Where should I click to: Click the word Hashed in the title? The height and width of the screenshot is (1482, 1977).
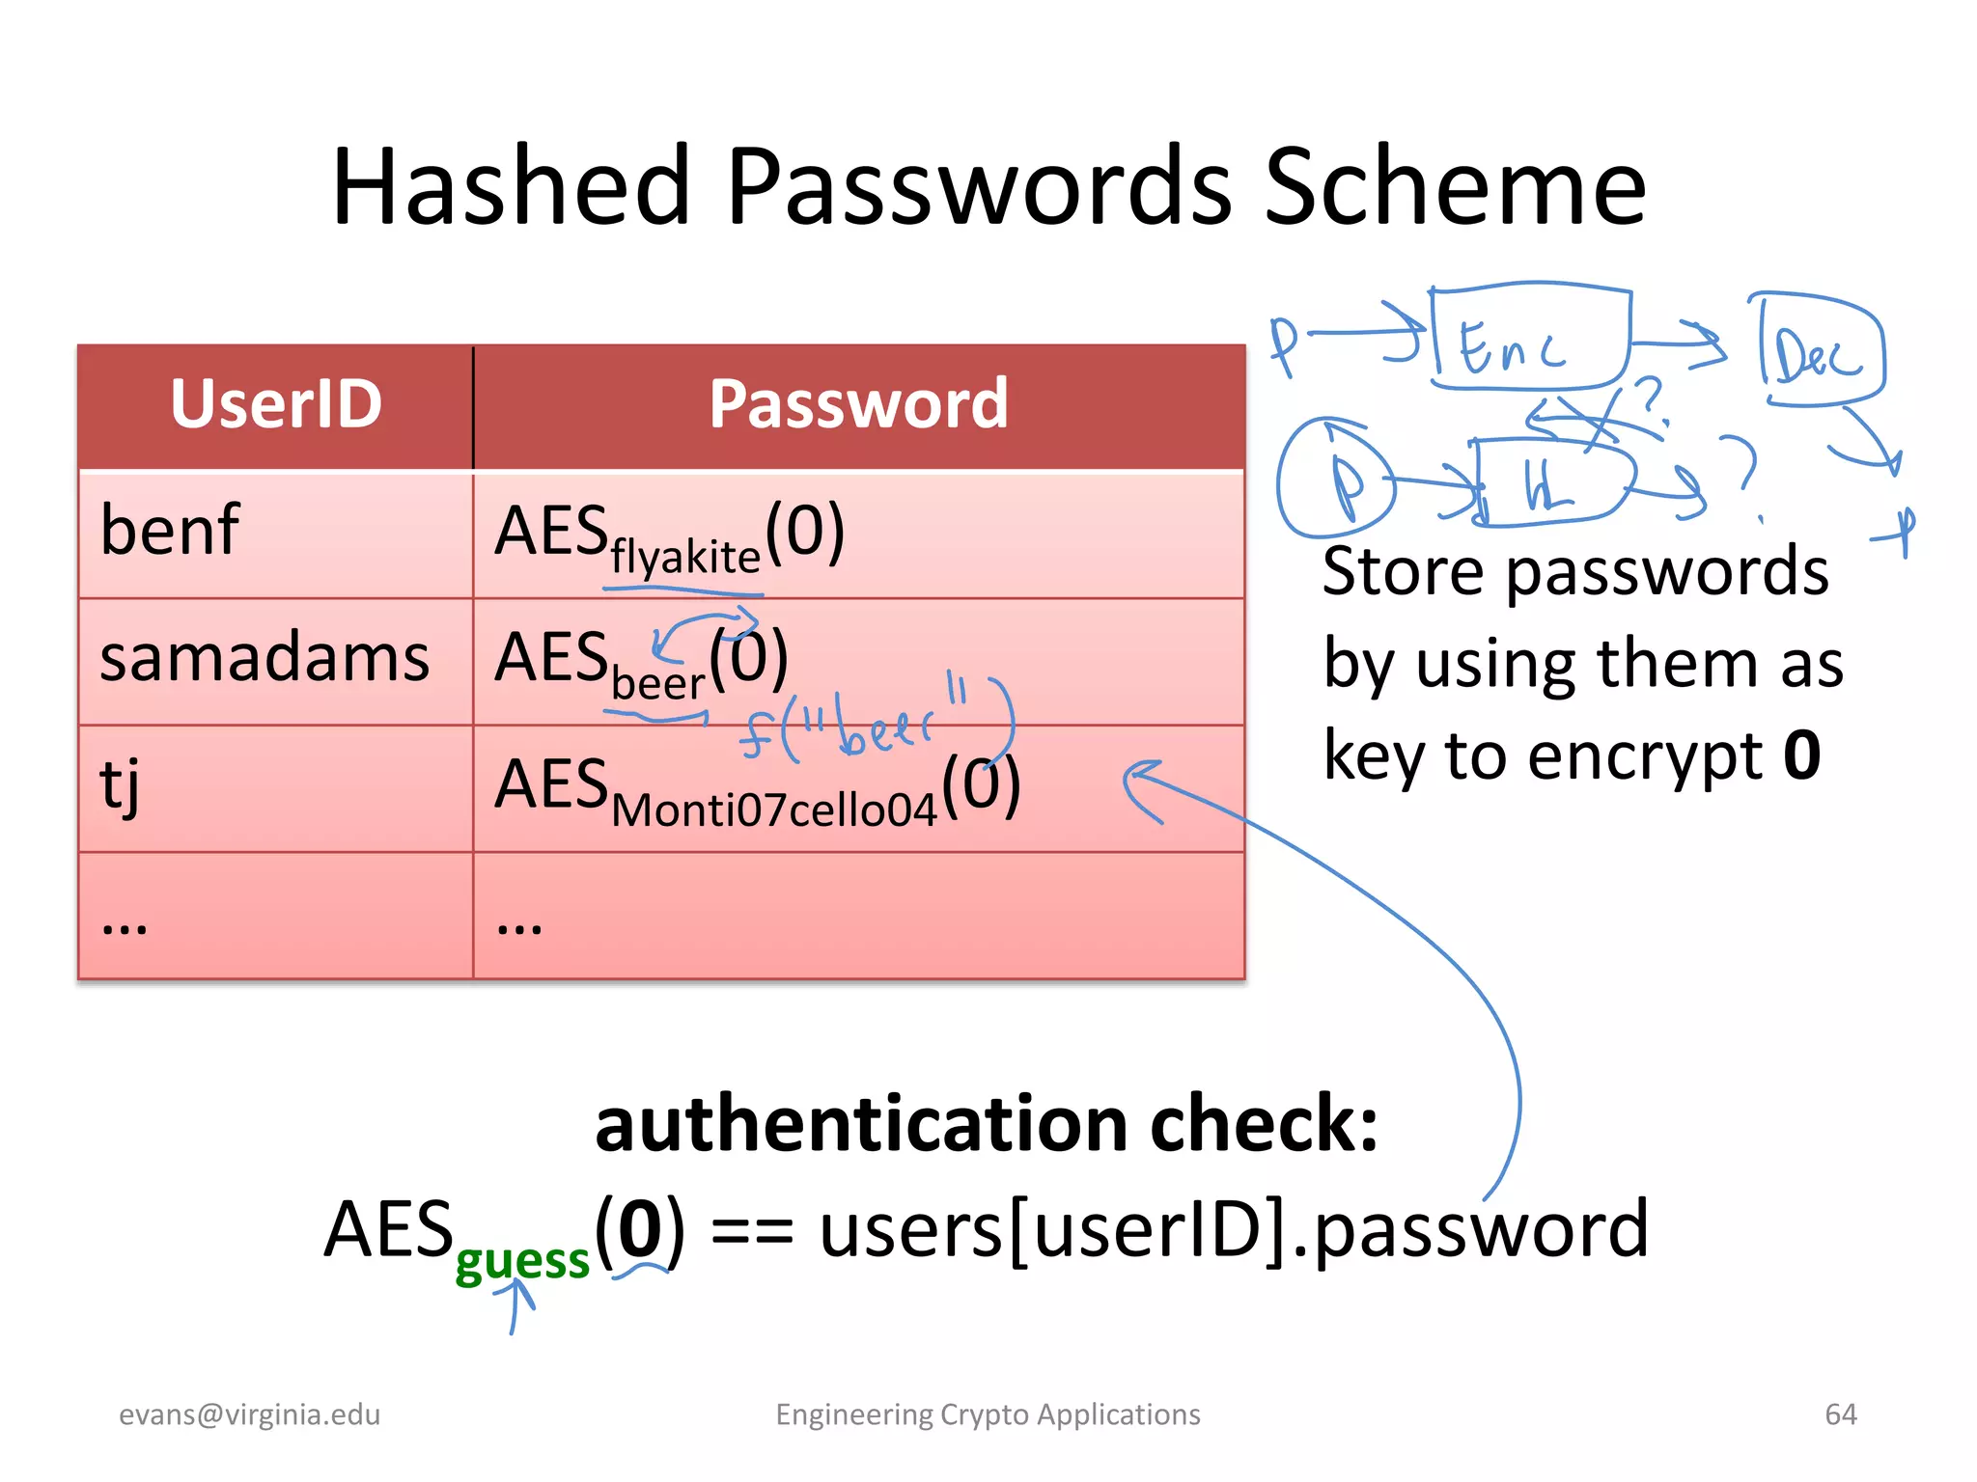pos(512,187)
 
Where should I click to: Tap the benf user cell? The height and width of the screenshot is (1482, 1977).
pos(170,531)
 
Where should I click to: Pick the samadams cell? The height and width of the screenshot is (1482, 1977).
pos(265,658)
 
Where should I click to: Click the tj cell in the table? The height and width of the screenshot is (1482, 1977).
pos(120,783)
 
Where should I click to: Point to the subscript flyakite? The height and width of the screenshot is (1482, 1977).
pos(685,558)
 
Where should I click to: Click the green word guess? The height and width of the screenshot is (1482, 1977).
pos(521,1260)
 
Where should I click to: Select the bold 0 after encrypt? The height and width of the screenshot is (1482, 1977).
pos(1801,755)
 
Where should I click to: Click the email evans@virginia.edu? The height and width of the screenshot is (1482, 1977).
pos(249,1414)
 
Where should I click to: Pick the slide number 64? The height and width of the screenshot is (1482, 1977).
pos(1840,1414)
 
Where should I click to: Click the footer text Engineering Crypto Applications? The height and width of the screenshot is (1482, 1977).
pos(988,1414)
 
